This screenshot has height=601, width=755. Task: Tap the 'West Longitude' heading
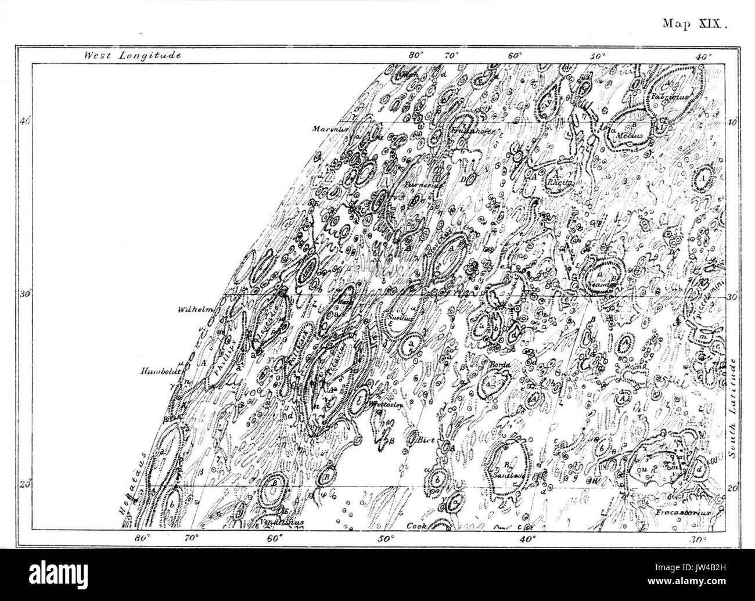click(133, 56)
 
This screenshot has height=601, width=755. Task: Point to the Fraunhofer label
click(472, 131)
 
